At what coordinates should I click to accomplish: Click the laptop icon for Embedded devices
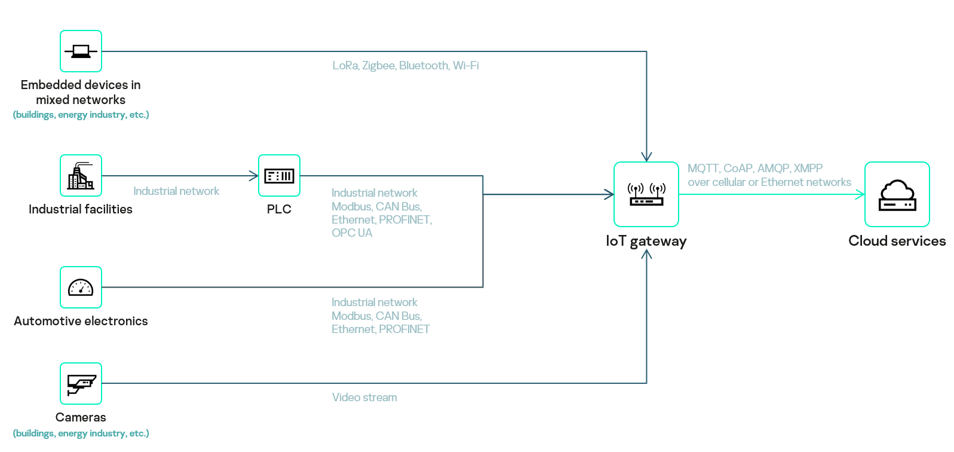pos(81,51)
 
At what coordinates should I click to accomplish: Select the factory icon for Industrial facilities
pos(81,176)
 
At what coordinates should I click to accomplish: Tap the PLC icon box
pos(279,176)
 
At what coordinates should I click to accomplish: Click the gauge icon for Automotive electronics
pos(81,288)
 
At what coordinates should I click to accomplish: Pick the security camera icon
pos(81,384)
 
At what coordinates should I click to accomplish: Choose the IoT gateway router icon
pos(646,194)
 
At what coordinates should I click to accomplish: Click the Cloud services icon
pos(897,194)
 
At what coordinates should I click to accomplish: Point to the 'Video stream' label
pos(364,398)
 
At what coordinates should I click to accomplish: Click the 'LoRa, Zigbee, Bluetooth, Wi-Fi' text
pos(406,66)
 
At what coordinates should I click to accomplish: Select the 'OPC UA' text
pos(352,233)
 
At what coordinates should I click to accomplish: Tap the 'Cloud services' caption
pos(897,241)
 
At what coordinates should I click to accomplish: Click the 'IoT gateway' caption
pos(646,241)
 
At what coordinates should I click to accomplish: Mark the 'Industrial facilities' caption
pos(81,209)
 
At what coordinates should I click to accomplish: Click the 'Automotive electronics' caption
pos(81,321)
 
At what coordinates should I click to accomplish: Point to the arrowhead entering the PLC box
pos(254,176)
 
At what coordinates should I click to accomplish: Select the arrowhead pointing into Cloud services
pos(861,194)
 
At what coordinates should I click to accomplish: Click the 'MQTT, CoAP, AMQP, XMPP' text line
pos(755,169)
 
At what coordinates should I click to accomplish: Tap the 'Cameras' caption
pos(81,417)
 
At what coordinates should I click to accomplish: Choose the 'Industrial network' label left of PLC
pos(176,191)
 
